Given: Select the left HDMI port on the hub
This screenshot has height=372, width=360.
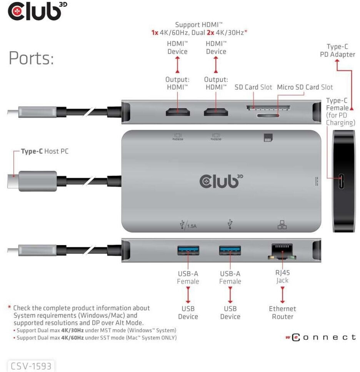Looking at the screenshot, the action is coord(177,112).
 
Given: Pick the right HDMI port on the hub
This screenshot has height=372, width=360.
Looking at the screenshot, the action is coord(216,112).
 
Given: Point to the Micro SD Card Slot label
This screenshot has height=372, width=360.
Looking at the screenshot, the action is coord(305,87).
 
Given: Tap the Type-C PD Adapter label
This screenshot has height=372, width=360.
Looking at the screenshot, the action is coord(337,51).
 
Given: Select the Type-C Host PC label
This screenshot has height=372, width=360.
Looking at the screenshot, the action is coord(45,151).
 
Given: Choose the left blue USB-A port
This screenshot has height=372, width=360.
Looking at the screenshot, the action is coord(188,251).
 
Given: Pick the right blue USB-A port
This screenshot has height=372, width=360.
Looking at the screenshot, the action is coord(230,251).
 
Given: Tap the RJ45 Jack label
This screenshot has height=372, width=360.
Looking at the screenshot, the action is coord(282,276).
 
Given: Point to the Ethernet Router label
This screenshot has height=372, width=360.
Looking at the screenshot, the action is coord(282,312).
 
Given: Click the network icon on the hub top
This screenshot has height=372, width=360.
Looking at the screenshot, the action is coord(282,225).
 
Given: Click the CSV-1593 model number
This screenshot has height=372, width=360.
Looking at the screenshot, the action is coord(31,366).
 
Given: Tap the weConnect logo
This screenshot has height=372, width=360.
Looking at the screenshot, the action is coord(320,337).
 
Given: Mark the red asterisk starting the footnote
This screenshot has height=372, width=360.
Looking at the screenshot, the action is coord(9,307).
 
